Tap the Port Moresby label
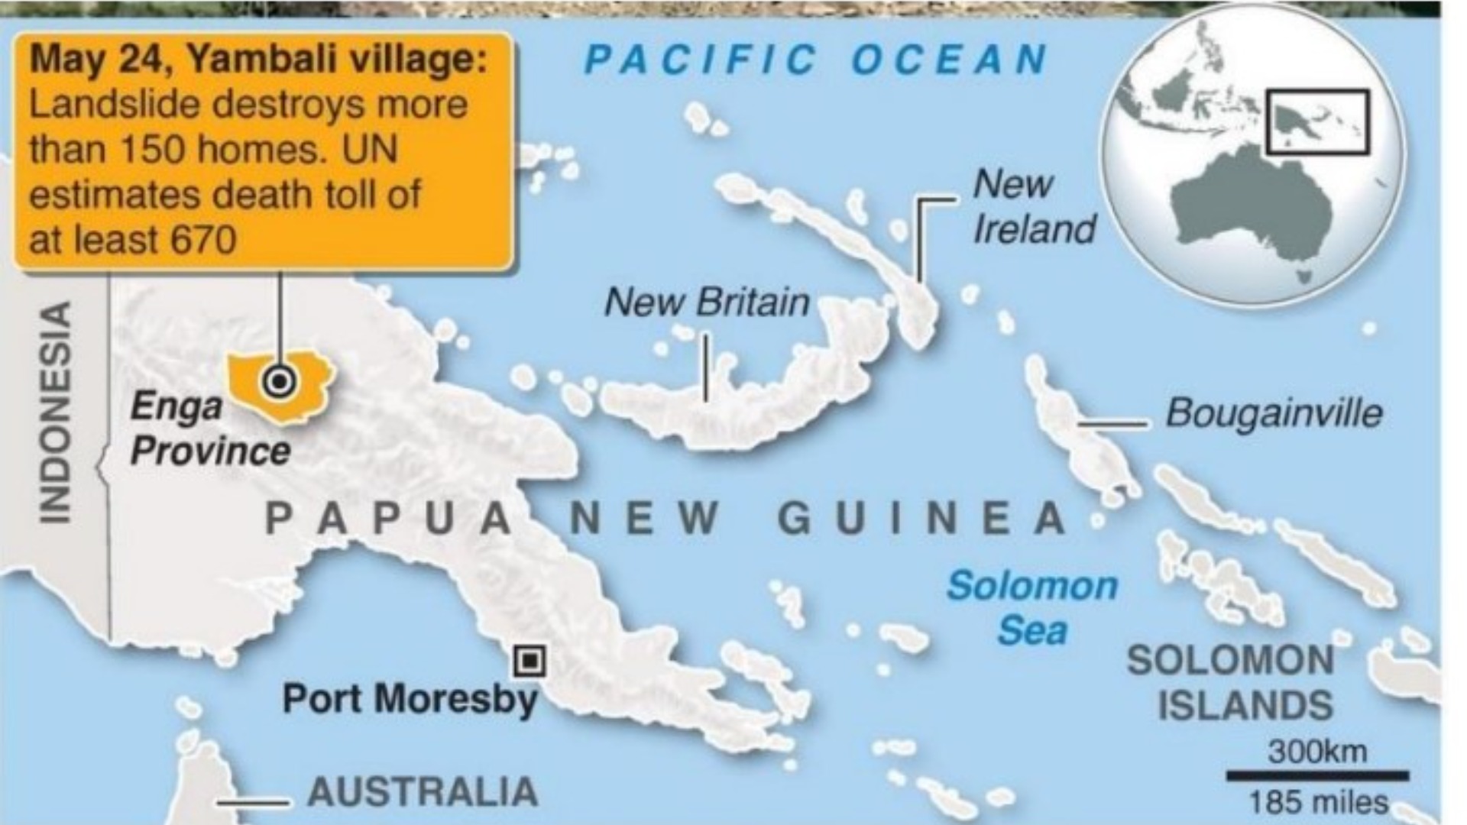(x=410, y=699)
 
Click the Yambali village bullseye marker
(x=279, y=380)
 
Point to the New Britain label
(x=707, y=302)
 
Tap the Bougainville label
(x=1274, y=413)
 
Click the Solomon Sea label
(x=1032, y=608)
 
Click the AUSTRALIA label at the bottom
(x=423, y=791)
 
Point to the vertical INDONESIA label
(x=55, y=412)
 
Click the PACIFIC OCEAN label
(x=816, y=60)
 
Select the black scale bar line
(x=1318, y=776)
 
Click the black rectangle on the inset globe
(x=1318, y=122)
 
